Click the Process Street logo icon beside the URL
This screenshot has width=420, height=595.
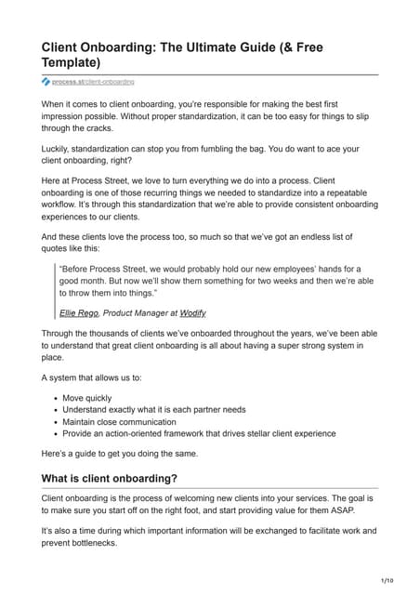tap(46, 83)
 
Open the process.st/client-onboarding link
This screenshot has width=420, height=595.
tap(93, 83)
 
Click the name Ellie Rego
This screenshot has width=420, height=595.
tap(79, 314)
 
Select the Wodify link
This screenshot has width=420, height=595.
tap(195, 314)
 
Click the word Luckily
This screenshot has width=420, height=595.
tap(59, 149)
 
